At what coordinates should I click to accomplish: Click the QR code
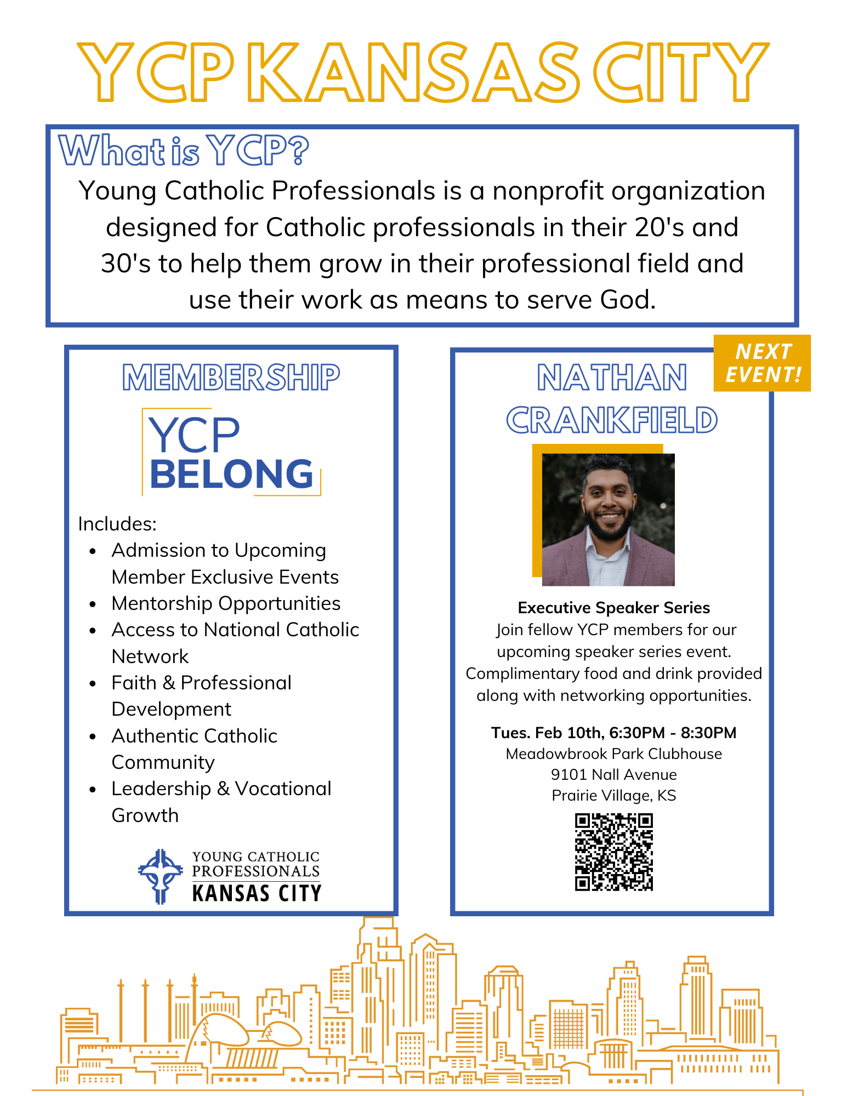point(613,852)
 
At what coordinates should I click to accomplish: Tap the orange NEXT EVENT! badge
point(762,363)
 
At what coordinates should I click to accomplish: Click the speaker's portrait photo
point(608,520)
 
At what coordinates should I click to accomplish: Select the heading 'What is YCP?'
point(184,150)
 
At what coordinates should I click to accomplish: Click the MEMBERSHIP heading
point(231,378)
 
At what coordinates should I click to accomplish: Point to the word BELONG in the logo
point(231,474)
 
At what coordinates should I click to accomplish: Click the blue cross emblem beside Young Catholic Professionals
point(160,876)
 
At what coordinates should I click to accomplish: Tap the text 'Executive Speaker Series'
point(613,608)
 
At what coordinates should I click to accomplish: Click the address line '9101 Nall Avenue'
point(613,774)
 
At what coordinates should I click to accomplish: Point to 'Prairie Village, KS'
point(613,795)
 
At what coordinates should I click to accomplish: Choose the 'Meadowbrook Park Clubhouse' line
point(613,754)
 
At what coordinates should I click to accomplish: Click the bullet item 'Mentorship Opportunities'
point(226,603)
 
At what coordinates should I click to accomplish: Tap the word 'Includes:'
point(117,524)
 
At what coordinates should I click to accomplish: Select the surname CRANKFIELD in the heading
point(611,420)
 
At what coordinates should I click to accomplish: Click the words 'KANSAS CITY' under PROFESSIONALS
point(257,893)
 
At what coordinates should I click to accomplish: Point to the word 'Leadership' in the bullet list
point(161,789)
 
